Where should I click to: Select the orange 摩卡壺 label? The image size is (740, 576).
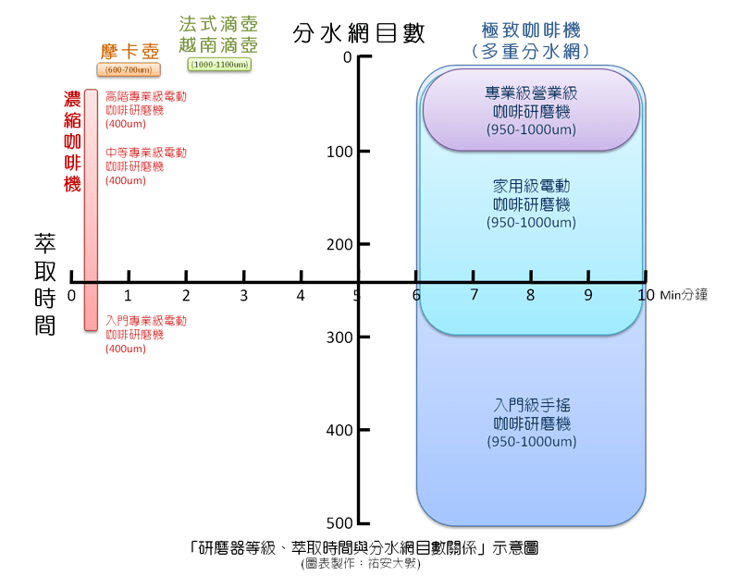(129, 51)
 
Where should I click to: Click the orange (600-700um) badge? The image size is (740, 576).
(129, 69)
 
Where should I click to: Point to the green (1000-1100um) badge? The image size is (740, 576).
(218, 65)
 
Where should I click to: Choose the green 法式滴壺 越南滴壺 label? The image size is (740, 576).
(218, 34)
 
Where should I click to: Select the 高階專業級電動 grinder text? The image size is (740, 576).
(146, 109)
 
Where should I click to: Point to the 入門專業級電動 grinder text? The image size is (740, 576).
(146, 334)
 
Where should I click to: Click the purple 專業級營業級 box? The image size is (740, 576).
(531, 110)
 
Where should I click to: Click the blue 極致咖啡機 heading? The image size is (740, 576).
(531, 40)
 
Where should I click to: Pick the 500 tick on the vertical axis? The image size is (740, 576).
(339, 523)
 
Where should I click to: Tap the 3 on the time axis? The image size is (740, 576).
(243, 296)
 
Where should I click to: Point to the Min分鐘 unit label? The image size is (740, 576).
(684, 296)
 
